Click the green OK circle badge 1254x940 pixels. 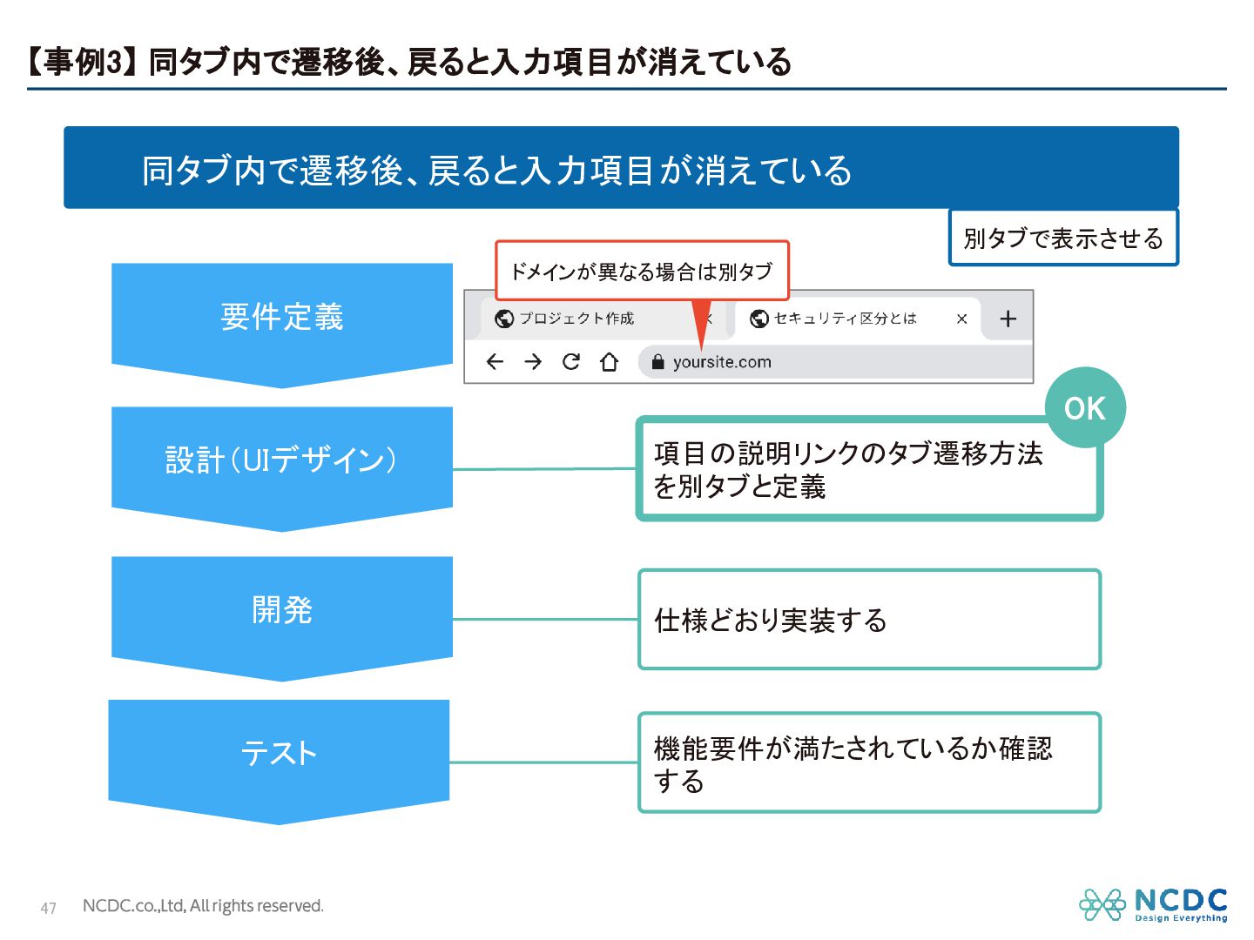[1084, 408]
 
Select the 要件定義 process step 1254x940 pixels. [282, 317]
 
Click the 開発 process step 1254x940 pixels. [282, 610]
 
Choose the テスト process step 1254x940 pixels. [279, 753]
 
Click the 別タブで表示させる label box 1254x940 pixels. [1062, 238]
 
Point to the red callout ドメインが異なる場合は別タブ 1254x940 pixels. [642, 272]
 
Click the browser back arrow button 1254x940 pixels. [495, 362]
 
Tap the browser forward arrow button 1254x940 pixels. [533, 362]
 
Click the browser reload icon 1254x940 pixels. [571, 362]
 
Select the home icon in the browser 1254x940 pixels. [610, 362]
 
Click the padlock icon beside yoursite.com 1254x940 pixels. [657, 362]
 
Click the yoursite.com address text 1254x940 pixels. [722, 362]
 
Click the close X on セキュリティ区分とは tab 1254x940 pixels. [961, 319]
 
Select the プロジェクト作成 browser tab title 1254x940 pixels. [576, 319]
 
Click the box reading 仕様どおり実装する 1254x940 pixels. [869, 620]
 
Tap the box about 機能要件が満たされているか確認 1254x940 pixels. [869, 763]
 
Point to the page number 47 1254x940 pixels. [49, 909]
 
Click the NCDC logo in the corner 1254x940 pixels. [1153, 905]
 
